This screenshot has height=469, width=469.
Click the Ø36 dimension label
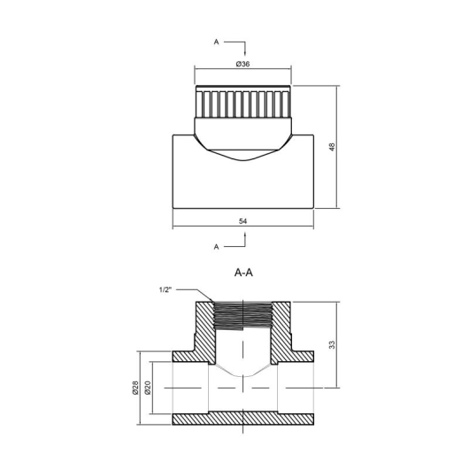pyautogui.click(x=242, y=64)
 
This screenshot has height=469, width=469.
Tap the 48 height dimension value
pyautogui.click(x=332, y=147)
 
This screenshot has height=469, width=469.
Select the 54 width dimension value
pyautogui.click(x=242, y=221)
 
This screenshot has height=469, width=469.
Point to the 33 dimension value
pyautogui.click(x=332, y=344)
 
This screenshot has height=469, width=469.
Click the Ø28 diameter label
pyautogui.click(x=135, y=388)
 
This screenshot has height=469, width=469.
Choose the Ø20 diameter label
pyautogui.click(x=148, y=388)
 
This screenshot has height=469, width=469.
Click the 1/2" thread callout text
pyautogui.click(x=165, y=290)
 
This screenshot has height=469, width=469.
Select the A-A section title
pyautogui.click(x=243, y=273)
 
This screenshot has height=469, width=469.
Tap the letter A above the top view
pyautogui.click(x=216, y=42)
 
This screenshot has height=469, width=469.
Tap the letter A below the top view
pyautogui.click(x=216, y=247)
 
